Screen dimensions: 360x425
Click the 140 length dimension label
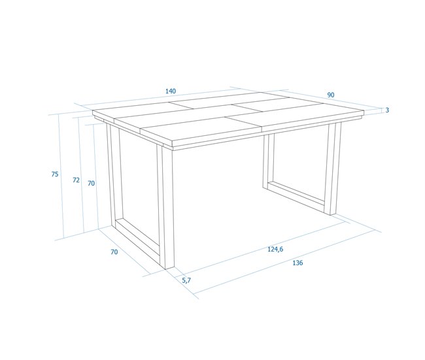coord(170,91)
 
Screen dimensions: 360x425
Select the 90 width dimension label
coord(331,95)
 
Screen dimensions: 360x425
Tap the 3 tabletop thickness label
coord(387,110)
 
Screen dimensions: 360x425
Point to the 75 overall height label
coord(55,174)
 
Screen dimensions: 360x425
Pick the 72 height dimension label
coord(76,180)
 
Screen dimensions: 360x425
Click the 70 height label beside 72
coord(92,184)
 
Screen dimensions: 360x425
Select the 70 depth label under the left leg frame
coord(114,252)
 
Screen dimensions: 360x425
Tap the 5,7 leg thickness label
coord(186,280)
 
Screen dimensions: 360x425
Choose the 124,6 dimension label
coord(275,249)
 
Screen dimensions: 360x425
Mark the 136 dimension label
coord(297,263)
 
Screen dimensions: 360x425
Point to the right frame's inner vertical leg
coord(267,159)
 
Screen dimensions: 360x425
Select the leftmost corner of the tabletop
coord(93,112)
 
